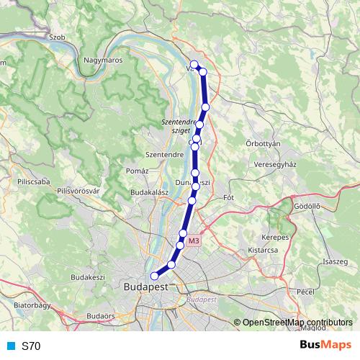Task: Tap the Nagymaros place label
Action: tap(103, 60)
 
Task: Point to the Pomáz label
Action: tap(136, 171)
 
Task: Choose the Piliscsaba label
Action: tap(34, 181)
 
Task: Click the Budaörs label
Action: tap(101, 315)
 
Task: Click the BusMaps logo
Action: tap(325, 346)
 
